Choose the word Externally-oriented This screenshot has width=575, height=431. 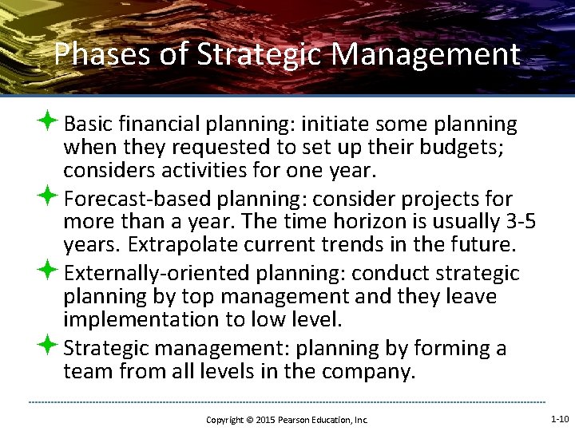157,274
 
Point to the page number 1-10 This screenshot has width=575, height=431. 560,418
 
